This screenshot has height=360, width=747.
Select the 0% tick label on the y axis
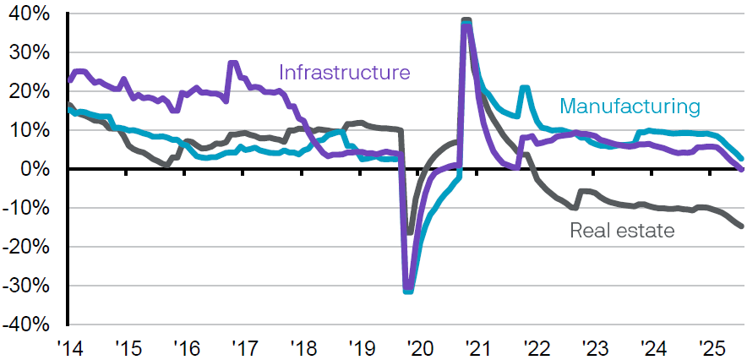click(x=35, y=169)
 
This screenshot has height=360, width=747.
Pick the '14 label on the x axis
click(x=68, y=347)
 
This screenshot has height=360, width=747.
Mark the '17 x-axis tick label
click(x=243, y=347)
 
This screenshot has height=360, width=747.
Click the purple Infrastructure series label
click(x=344, y=72)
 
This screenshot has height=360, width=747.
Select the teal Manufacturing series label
click(x=630, y=106)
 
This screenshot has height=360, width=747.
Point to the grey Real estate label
click(x=622, y=229)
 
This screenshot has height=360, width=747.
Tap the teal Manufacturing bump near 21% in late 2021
click(x=525, y=88)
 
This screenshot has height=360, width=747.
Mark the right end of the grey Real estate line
click(x=741, y=226)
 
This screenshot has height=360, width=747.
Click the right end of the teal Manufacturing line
click(x=741, y=158)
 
